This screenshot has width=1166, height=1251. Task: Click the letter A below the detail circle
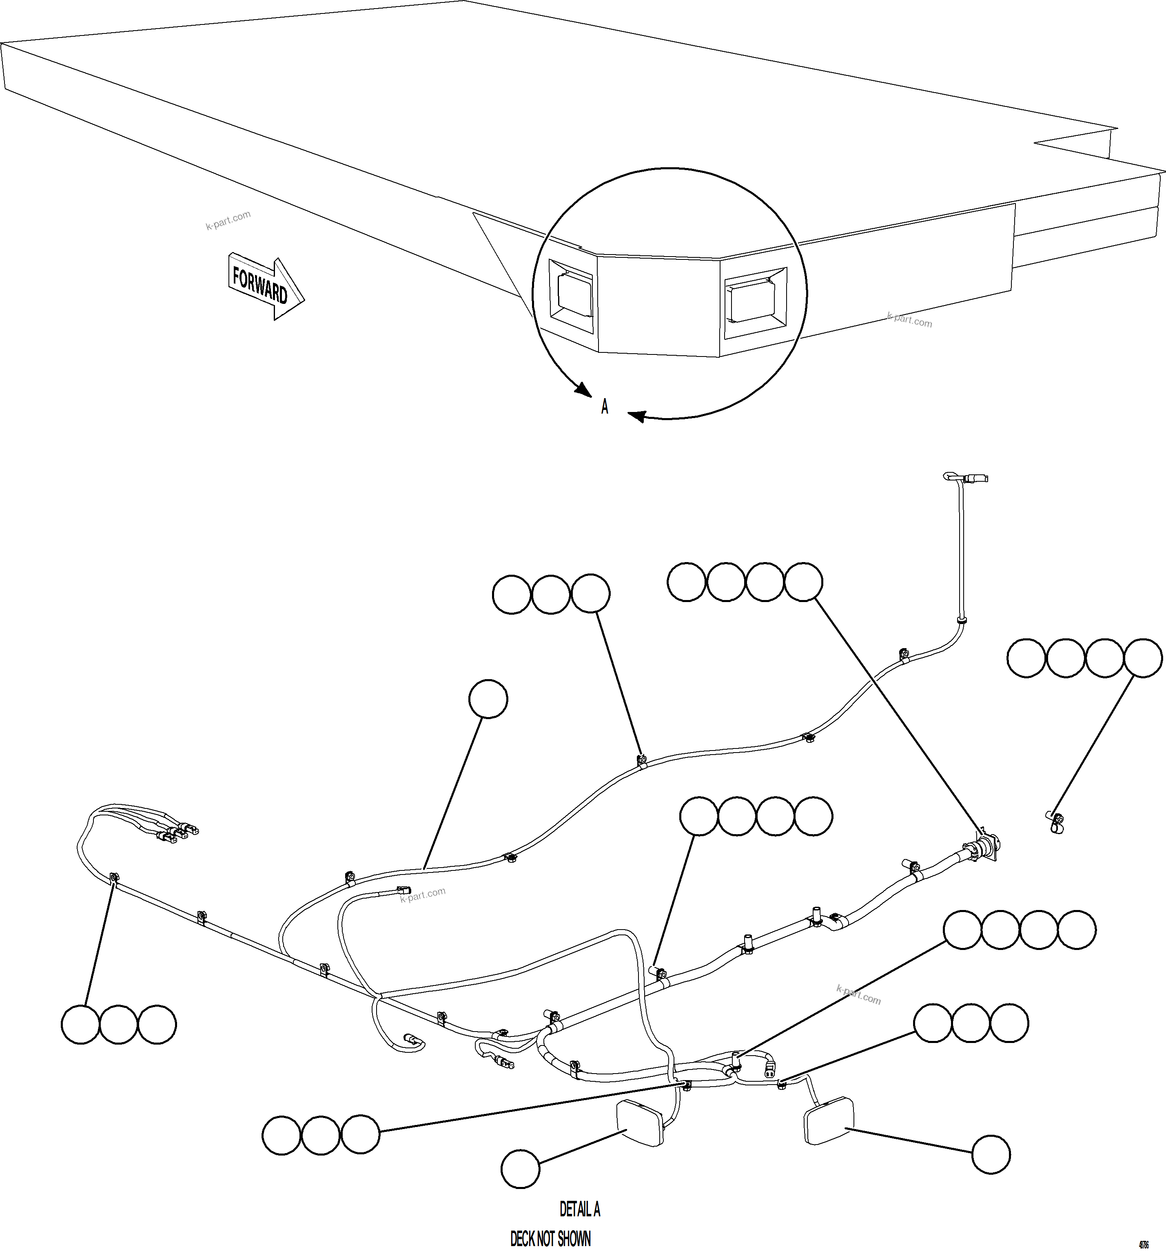(x=605, y=407)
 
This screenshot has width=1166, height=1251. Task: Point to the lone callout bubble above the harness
(x=488, y=698)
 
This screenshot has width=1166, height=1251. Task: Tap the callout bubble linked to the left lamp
(x=521, y=1169)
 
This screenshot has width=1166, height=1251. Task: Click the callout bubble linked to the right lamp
(x=991, y=1154)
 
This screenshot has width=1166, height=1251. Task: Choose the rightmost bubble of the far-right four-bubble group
(x=1143, y=658)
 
